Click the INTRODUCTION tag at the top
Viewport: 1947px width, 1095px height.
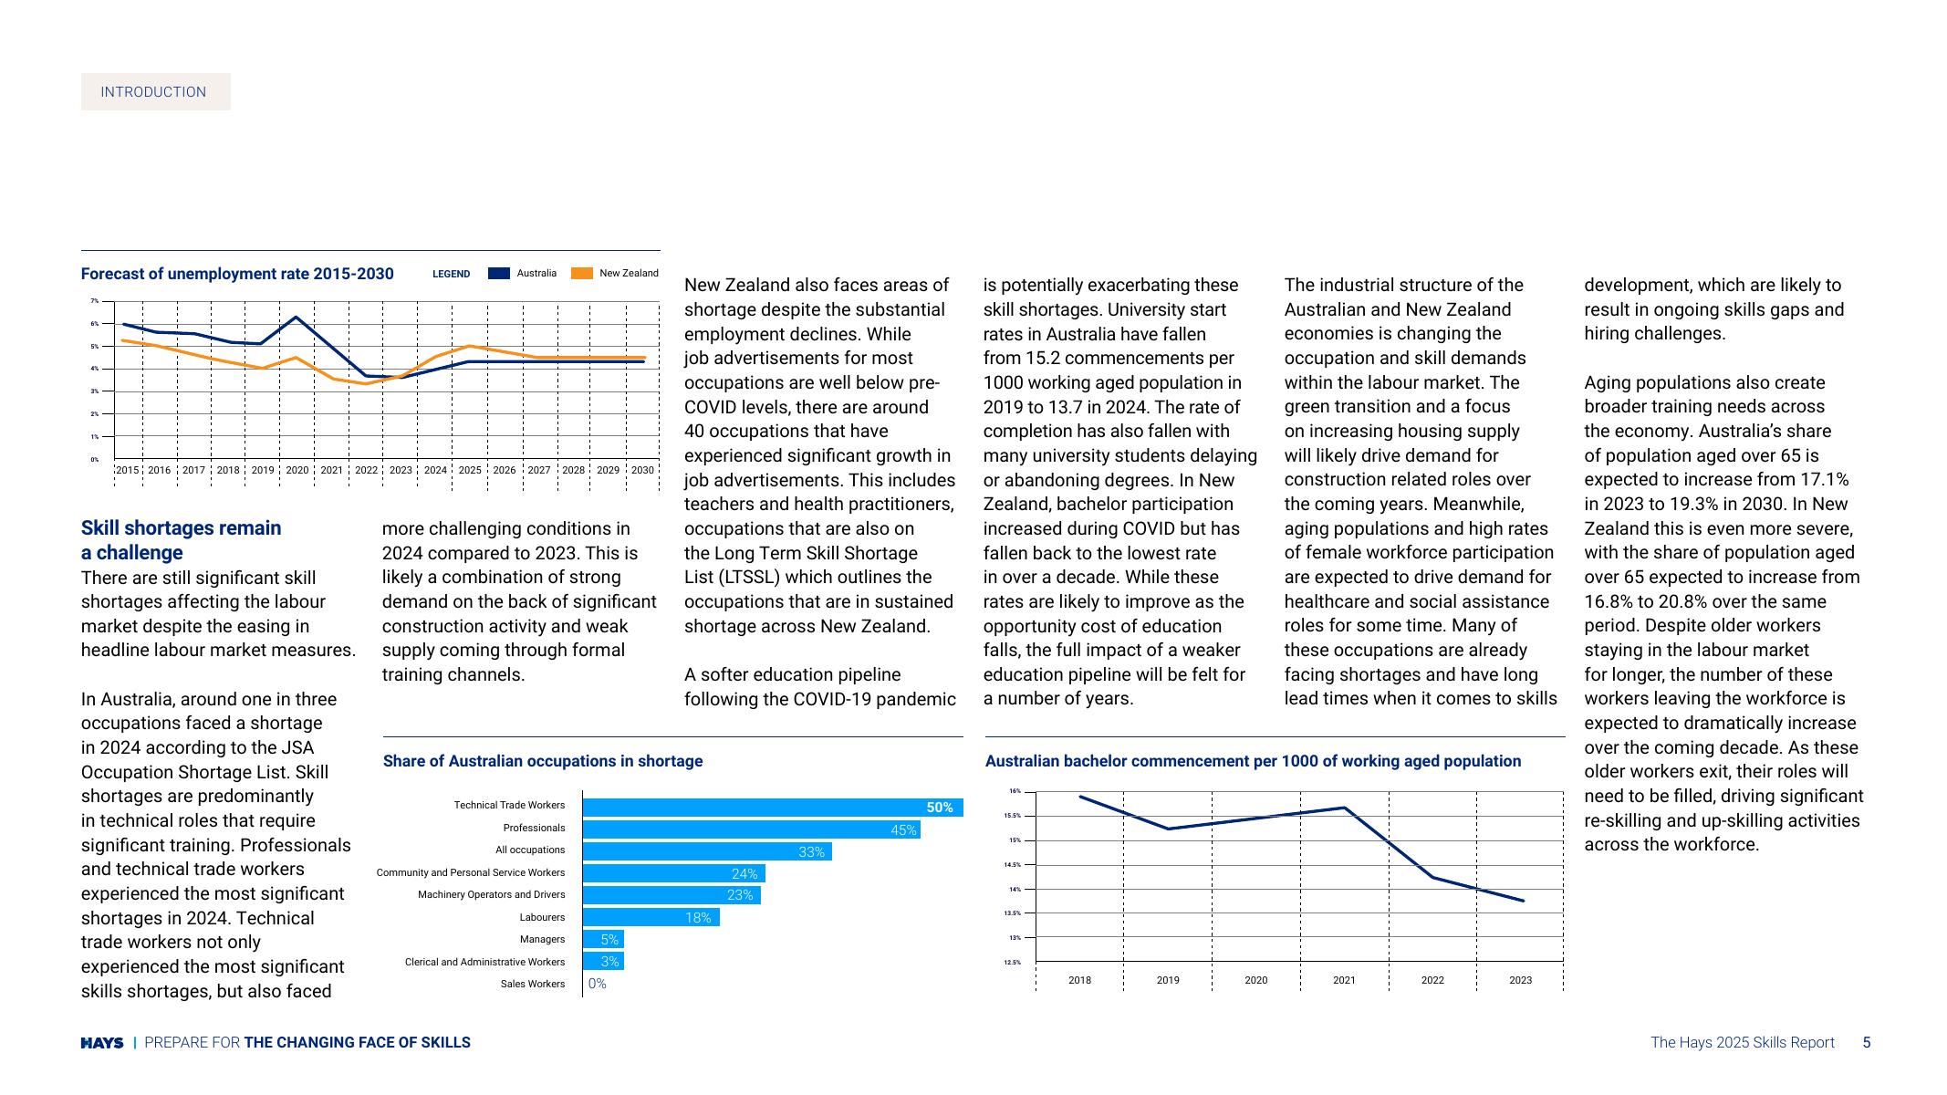154,92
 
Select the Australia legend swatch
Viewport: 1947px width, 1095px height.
498,274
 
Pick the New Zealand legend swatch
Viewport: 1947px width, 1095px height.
581,274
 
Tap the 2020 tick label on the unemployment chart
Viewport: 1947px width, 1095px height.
297,471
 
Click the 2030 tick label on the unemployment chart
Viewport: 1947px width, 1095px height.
642,471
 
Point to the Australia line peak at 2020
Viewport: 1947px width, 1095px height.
296,318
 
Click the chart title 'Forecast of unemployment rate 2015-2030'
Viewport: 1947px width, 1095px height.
237,274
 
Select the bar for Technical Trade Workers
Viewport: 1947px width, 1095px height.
772,808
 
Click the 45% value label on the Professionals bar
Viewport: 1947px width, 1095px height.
903,830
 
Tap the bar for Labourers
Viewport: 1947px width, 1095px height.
651,918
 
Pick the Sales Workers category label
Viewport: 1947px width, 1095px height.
533,985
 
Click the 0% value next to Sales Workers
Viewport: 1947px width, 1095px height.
598,984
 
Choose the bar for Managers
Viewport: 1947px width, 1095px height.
603,940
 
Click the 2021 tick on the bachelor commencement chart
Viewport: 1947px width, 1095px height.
1344,981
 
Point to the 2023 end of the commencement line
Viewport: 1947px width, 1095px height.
1522,901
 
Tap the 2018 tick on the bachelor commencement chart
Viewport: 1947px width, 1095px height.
1079,981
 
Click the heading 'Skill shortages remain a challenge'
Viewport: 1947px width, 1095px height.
182,540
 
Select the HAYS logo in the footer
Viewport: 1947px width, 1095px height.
102,1043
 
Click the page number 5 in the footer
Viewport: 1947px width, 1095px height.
1866,1043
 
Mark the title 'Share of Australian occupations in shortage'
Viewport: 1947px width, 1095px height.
543,761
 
